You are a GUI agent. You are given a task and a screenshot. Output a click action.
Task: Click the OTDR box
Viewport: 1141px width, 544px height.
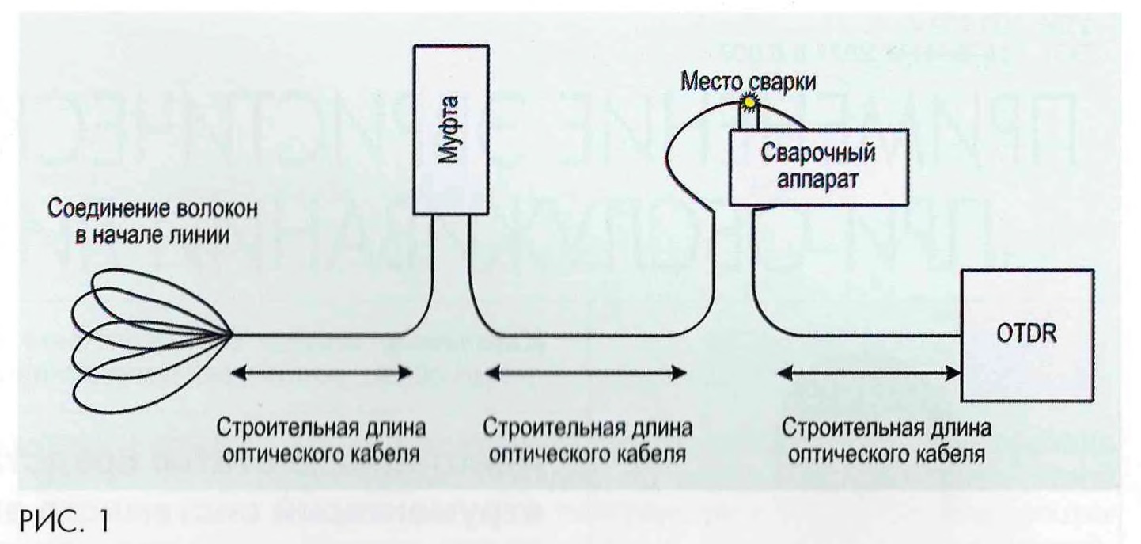click(x=1027, y=336)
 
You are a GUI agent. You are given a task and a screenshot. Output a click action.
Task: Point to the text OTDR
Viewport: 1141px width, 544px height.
click(x=1026, y=337)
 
